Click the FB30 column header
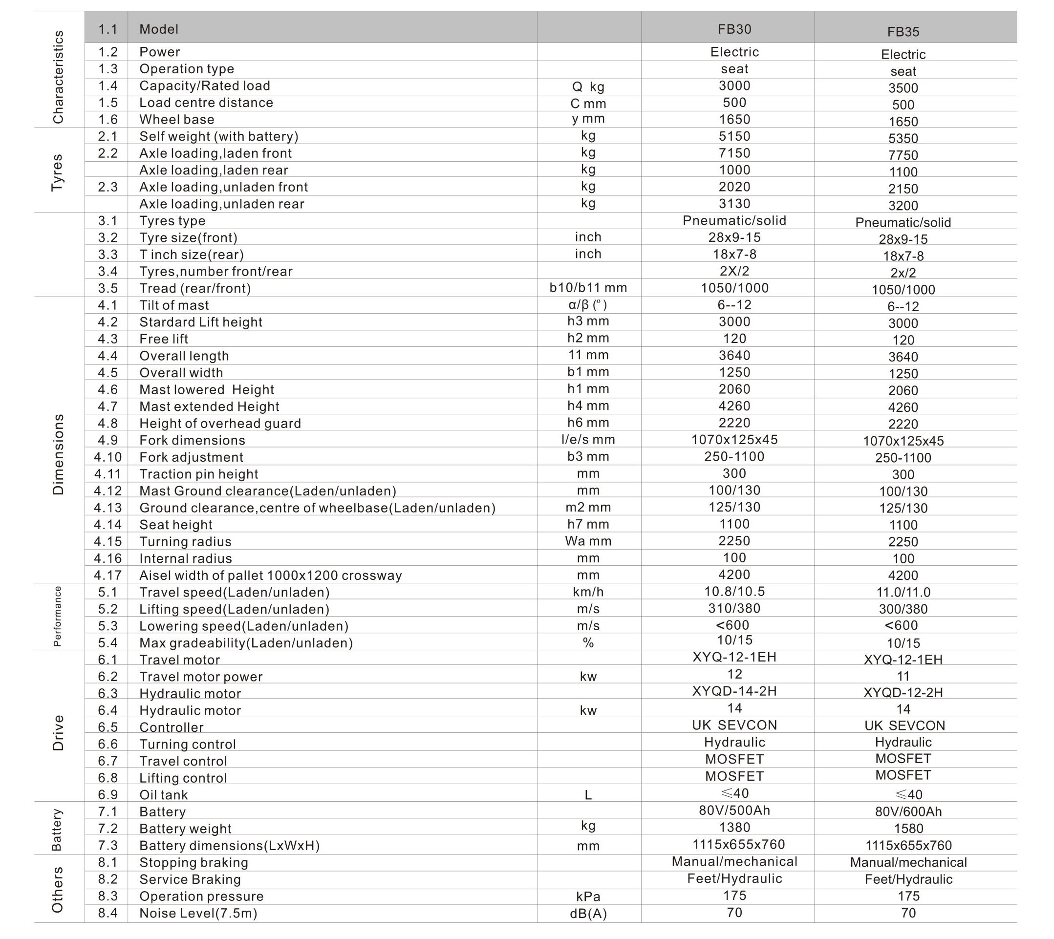(734, 29)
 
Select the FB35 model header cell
(903, 32)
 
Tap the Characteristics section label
(58, 77)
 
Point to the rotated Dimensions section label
(58, 454)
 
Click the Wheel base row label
(176, 120)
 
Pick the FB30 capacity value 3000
(734, 85)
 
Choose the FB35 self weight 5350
(903, 138)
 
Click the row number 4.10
(108, 457)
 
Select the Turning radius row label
(185, 542)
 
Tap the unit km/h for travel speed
(588, 592)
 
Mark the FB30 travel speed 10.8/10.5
(734, 591)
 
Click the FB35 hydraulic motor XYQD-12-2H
(903, 692)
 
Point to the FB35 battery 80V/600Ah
(908, 811)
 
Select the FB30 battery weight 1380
(734, 828)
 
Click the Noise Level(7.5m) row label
(198, 913)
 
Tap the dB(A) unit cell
(588, 914)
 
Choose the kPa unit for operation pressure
(588, 896)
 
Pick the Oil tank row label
(164, 795)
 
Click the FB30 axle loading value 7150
(734, 153)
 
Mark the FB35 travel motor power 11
(903, 676)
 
